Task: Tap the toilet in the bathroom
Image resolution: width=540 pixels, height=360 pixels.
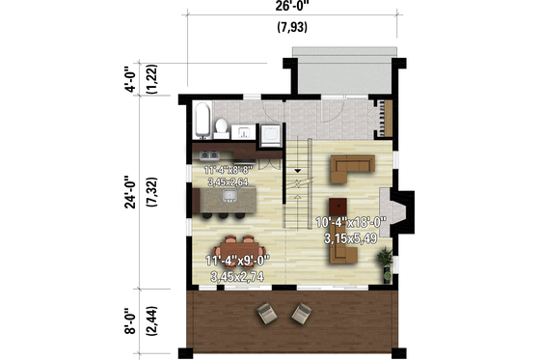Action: [222, 126]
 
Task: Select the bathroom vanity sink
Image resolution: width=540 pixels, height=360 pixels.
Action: [244, 129]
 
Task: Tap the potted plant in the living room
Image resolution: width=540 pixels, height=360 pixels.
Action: [386, 259]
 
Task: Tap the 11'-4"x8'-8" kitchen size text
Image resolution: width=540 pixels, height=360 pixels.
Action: [229, 171]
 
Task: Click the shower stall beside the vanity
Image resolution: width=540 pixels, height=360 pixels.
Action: [272, 130]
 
